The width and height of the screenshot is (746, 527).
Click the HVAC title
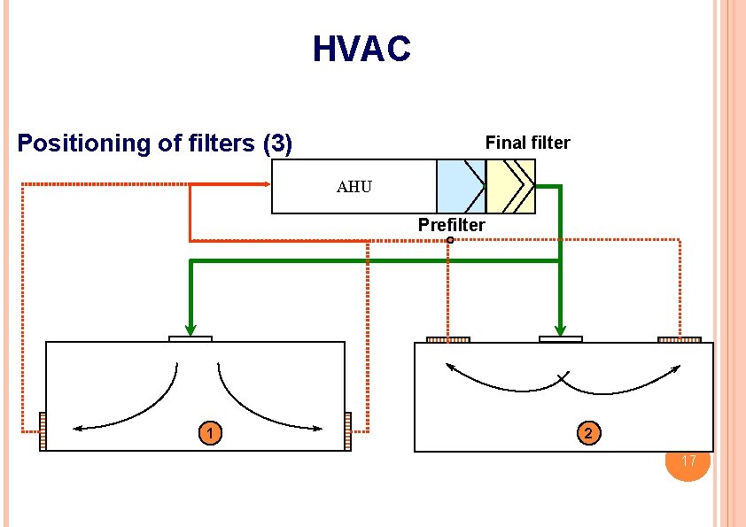coord(361,49)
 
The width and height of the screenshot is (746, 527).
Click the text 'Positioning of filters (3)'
coord(155,143)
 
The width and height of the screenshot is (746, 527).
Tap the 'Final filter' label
coord(527,143)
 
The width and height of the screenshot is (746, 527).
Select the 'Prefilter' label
coord(451,225)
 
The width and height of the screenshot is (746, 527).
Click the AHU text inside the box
coord(354,187)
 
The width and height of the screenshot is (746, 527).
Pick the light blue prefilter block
coord(460,186)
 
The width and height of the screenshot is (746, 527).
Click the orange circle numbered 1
coord(209,433)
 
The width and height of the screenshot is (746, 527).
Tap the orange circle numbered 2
coord(589,433)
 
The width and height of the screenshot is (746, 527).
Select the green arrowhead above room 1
coord(190,326)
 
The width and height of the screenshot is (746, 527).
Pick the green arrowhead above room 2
coord(560,326)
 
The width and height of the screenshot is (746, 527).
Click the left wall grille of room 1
coord(42,432)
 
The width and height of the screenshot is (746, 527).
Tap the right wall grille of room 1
coord(347,432)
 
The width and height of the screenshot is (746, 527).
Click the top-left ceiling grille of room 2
coord(447,339)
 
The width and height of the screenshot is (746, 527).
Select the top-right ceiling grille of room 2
coord(680,339)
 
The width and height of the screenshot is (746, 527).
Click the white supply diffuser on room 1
coord(190,338)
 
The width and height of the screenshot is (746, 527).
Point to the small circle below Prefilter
coord(450,240)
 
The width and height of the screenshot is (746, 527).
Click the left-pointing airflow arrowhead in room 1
coord(78,429)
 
